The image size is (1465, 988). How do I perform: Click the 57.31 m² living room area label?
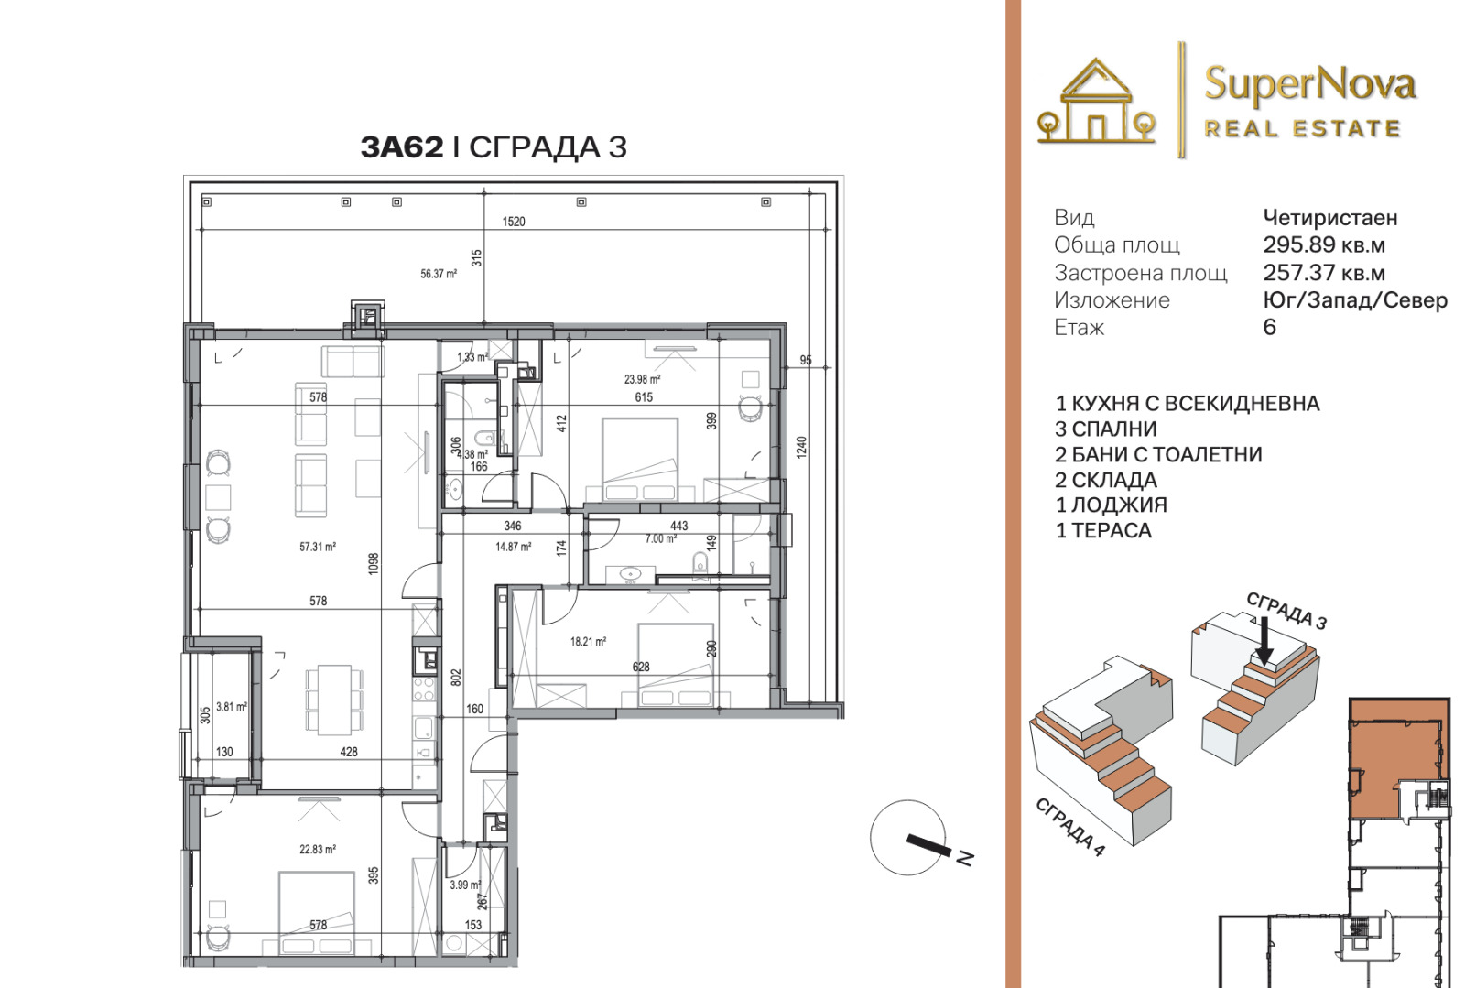pyautogui.click(x=317, y=547)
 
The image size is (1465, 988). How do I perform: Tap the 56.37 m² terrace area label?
pyautogui.click(x=439, y=274)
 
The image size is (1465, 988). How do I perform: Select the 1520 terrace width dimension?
pyautogui.click(x=514, y=222)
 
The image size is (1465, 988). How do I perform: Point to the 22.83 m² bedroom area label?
pyautogui.click(x=317, y=850)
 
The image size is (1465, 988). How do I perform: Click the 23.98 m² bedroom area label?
pyautogui.click(x=642, y=379)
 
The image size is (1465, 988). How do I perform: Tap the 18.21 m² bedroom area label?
pyautogui.click(x=588, y=642)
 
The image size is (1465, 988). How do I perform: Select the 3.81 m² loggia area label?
pyautogui.click(x=232, y=707)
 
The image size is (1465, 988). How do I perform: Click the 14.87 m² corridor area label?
pyautogui.click(x=513, y=547)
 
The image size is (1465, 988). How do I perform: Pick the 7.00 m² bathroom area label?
pyautogui.click(x=660, y=538)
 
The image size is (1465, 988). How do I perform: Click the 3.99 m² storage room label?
pyautogui.click(x=465, y=885)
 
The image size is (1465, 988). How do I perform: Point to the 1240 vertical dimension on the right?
pyautogui.click(x=802, y=448)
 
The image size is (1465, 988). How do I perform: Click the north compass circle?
pyautogui.click(x=907, y=838)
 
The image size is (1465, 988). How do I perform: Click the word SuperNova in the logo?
pyautogui.click(x=1310, y=86)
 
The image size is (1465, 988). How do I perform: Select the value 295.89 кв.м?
pyautogui.click(x=1324, y=245)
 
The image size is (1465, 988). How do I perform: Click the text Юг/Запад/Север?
pyautogui.click(x=1354, y=300)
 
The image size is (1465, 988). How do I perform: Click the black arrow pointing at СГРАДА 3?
pyautogui.click(x=1264, y=642)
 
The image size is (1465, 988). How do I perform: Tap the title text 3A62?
pyautogui.click(x=402, y=147)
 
